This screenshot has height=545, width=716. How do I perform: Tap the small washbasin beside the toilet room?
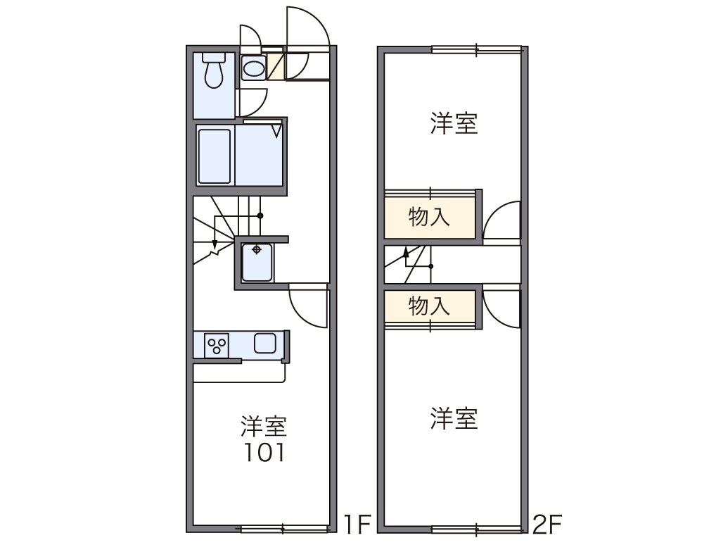tap(253, 68)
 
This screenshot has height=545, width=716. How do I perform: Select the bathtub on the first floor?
tap(214, 156)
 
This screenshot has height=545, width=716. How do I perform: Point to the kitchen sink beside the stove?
tap(265, 344)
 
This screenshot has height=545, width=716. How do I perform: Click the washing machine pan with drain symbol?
tap(257, 261)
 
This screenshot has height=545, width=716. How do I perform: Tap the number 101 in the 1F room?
tap(264, 453)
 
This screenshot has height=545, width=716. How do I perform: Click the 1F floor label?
tap(357, 524)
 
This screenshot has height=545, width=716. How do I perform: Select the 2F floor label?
tap(546, 524)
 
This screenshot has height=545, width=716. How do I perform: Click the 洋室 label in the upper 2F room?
tap(454, 123)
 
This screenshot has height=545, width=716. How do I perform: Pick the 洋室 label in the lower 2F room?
tap(454, 419)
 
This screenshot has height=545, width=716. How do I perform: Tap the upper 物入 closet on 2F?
tap(429, 218)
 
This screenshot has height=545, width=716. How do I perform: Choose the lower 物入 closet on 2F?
tap(429, 306)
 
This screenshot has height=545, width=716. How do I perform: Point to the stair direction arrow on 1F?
tap(215, 243)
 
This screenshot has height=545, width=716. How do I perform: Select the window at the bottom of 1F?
tap(284, 528)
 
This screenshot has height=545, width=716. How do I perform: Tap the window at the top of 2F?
tap(477, 49)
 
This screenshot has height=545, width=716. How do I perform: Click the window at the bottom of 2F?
tap(477, 528)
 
